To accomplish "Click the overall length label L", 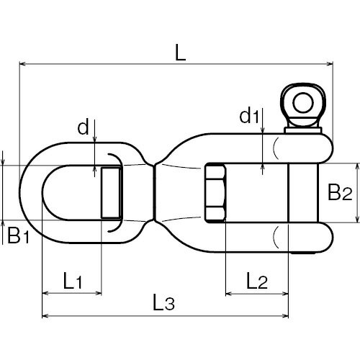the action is (x=181, y=52).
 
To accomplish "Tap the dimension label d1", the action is (x=250, y=116).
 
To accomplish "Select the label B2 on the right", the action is (x=340, y=192).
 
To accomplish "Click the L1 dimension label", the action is (x=73, y=280).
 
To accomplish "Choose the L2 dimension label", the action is (x=257, y=280).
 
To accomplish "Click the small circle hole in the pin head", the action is (x=303, y=103).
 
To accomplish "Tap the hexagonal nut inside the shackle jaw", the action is (x=215, y=192).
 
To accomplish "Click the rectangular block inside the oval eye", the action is (x=111, y=193).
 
